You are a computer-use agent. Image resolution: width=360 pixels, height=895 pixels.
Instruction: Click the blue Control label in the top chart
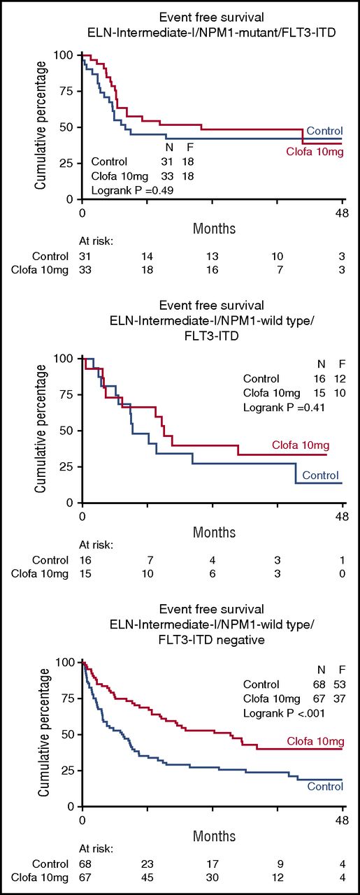[324, 131]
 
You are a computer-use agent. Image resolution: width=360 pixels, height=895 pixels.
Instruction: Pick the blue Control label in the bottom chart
[325, 787]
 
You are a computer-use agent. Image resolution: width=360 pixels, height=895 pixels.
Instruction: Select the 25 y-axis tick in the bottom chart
[67, 771]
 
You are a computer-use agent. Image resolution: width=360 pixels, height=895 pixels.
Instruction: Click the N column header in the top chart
[168, 148]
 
